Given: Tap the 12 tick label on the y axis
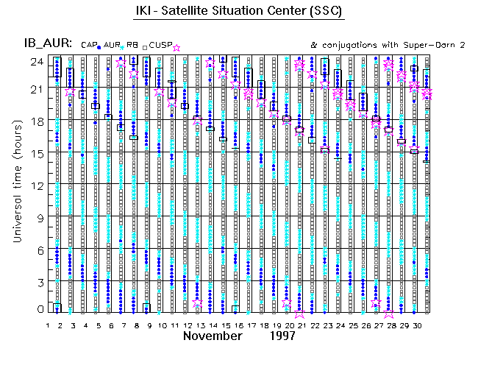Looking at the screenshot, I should [34, 185].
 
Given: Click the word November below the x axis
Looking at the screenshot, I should [213, 336].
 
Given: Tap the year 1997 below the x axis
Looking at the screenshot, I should [282, 336].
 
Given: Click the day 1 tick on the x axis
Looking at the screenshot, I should [47, 325].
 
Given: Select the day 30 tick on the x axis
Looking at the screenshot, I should [417, 325].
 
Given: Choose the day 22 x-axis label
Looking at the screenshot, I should [315, 325].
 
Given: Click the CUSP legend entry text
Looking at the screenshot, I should [161, 46].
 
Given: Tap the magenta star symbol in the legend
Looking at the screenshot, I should [176, 48].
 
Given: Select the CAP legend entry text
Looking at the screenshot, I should [88, 46].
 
